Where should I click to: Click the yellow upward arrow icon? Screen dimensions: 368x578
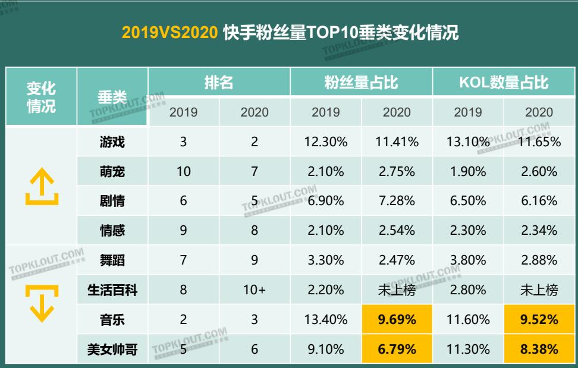pyautogui.click(x=41, y=186)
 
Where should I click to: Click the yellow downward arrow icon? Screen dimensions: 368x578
pyautogui.click(x=41, y=303)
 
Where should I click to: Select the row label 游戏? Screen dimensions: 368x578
pyautogui.click(x=112, y=142)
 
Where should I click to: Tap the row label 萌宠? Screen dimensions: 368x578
pyautogui.click(x=112, y=171)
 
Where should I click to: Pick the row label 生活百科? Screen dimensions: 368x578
pyautogui.click(x=112, y=290)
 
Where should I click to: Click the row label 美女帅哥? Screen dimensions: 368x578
pyautogui.click(x=112, y=350)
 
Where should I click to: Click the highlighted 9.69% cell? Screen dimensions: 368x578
pyautogui.click(x=397, y=320)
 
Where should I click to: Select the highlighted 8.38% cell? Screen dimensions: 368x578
pyautogui.click(x=539, y=350)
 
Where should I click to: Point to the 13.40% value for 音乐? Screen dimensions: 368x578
pyautogui.click(x=326, y=320)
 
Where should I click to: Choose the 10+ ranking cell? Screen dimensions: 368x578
pyautogui.click(x=255, y=290)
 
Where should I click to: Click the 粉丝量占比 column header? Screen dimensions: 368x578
pyautogui.click(x=361, y=82)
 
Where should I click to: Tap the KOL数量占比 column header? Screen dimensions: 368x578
pyautogui.click(x=503, y=82)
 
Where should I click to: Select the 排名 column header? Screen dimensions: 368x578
pyautogui.click(x=219, y=82)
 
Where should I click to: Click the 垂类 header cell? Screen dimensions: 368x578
pyautogui.click(x=112, y=97)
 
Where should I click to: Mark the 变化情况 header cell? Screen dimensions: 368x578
pyautogui.click(x=41, y=97)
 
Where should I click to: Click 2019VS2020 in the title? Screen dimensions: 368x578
pyautogui.click(x=169, y=33)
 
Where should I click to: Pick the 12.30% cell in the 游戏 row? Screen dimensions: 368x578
pyautogui.click(x=326, y=142)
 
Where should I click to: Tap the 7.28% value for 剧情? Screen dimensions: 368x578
pyautogui.click(x=397, y=201)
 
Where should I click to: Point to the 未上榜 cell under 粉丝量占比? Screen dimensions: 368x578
pyautogui.click(x=397, y=290)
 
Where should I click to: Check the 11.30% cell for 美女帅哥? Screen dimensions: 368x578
pyautogui.click(x=468, y=350)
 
